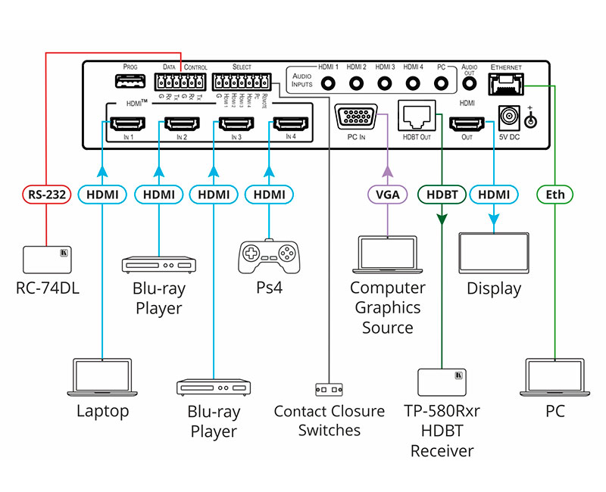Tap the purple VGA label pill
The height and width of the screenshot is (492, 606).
(x=387, y=195)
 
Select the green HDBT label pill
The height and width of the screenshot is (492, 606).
(x=441, y=195)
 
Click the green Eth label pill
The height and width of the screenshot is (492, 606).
(x=555, y=195)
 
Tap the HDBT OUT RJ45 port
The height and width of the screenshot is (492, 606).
(x=416, y=116)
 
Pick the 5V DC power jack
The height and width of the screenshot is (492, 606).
(x=509, y=117)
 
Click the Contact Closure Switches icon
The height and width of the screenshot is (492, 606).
(x=329, y=389)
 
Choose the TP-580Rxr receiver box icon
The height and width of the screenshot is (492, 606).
(x=442, y=383)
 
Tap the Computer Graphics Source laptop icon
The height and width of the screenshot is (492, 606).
(x=387, y=256)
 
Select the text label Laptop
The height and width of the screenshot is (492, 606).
(x=102, y=411)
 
